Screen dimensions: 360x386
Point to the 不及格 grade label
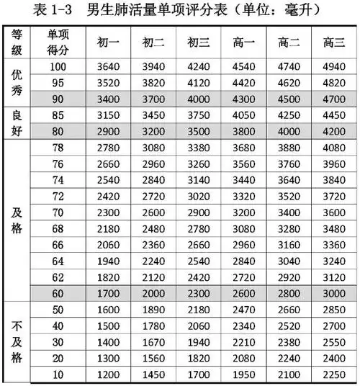(x=17, y=341)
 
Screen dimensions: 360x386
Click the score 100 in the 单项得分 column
(x=60, y=67)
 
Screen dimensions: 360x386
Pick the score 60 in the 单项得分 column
(x=60, y=294)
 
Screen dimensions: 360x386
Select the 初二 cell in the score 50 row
(x=153, y=310)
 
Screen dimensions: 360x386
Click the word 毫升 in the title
(x=306, y=10)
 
